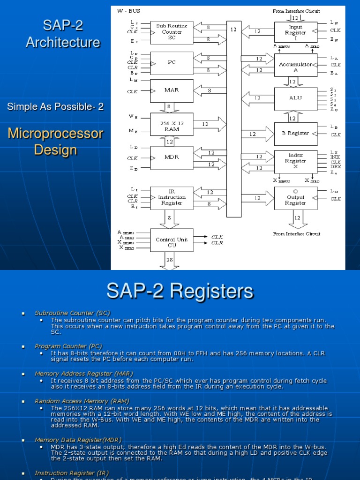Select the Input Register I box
coord(295,30)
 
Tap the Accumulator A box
coord(295,65)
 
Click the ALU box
coord(295,98)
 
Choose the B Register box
coord(295,134)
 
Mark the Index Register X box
coord(295,161)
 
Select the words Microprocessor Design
coord(55,142)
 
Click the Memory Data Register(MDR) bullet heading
coord(78,440)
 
